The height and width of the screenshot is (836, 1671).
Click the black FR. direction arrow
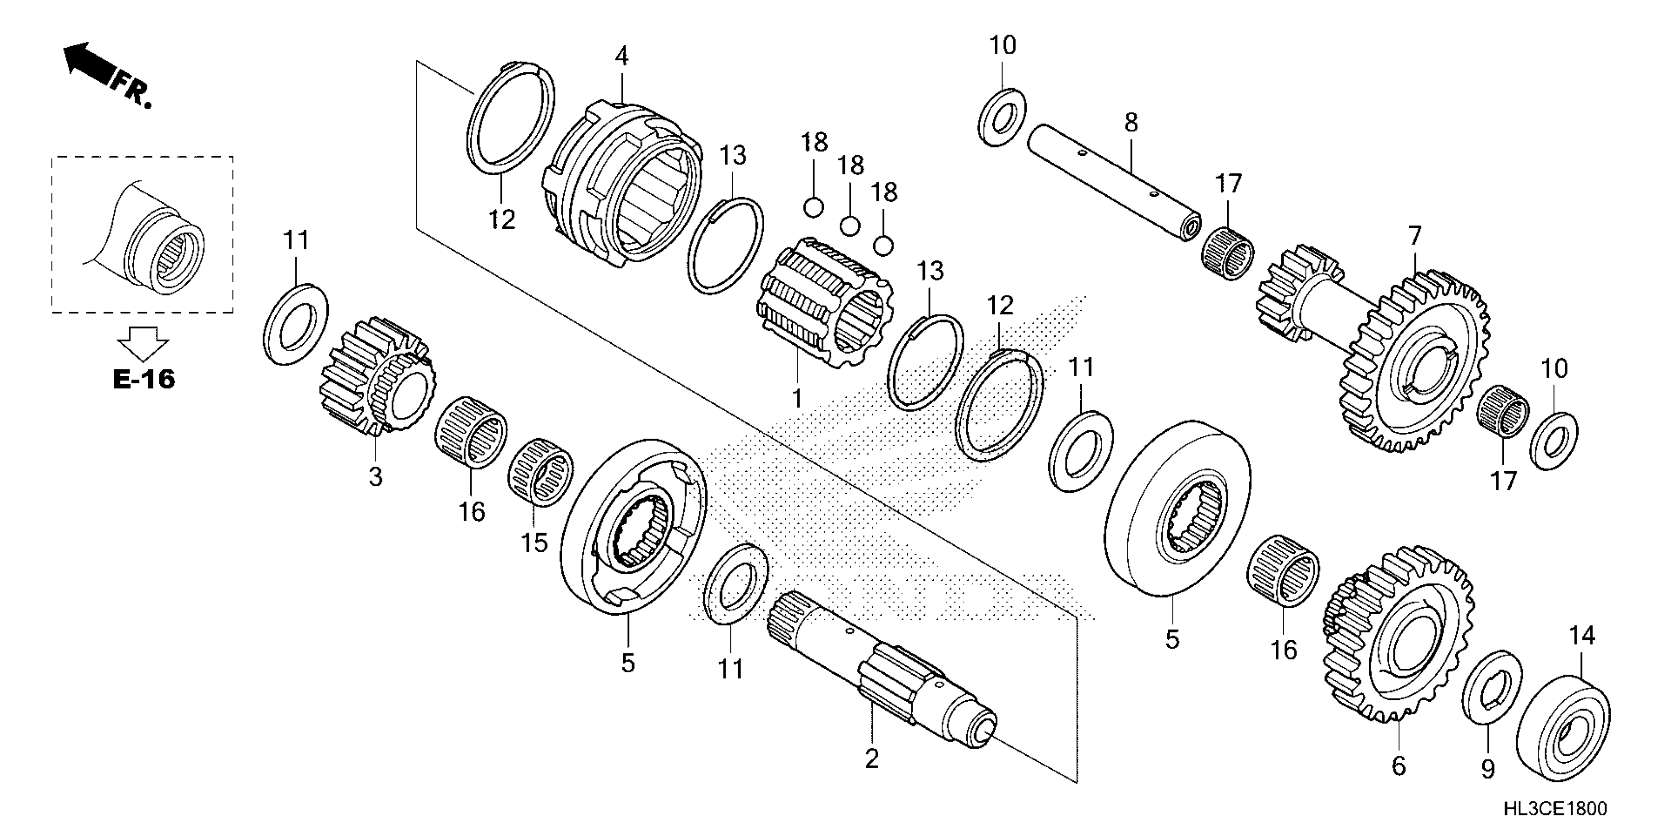point(87,62)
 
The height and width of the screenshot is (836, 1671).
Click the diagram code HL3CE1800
point(1555,809)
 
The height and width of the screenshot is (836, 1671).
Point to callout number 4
point(621,57)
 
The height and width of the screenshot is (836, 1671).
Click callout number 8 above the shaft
point(1131,122)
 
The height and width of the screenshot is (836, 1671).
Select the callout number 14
point(1582,635)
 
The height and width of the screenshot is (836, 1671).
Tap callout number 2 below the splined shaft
point(872,758)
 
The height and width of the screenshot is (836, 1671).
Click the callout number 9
point(1487,769)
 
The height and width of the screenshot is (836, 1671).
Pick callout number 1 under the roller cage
point(797,398)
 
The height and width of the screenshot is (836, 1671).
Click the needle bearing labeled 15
point(540,471)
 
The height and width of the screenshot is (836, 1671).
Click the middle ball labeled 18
point(849,227)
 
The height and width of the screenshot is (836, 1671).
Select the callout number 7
point(1414,235)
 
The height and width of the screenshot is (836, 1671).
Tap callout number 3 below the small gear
point(375,477)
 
